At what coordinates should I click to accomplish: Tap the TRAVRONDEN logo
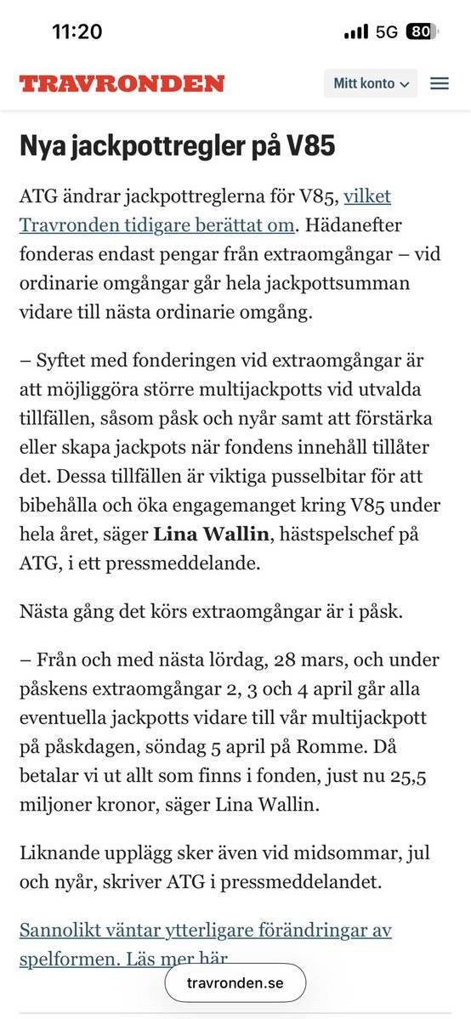(x=122, y=83)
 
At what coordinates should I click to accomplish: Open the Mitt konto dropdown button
(x=371, y=83)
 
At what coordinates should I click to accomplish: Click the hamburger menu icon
(x=439, y=83)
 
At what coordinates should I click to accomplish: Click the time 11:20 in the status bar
(x=77, y=32)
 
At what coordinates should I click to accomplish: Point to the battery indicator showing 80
(x=419, y=32)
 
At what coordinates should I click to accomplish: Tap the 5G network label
(x=387, y=32)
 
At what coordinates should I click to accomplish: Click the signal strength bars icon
(x=356, y=32)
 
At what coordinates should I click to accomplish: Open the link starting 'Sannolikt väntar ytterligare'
(x=205, y=930)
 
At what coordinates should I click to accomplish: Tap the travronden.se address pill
(x=235, y=983)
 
